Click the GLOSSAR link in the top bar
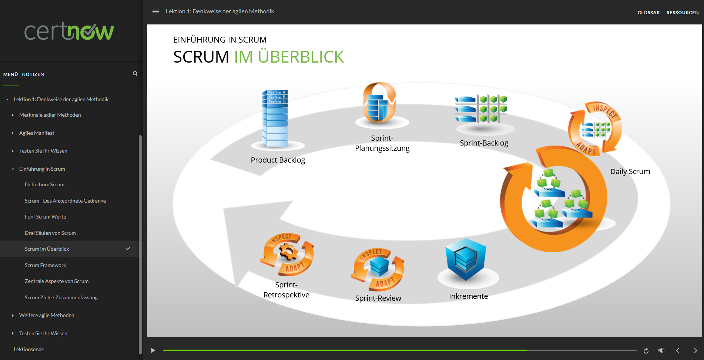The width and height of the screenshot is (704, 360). point(648,13)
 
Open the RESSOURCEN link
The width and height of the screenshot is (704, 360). point(683,13)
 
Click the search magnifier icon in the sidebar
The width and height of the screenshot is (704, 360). point(135,74)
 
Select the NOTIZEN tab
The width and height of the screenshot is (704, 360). point(33,74)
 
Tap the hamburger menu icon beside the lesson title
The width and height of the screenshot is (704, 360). point(155,11)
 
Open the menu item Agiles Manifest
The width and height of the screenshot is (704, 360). point(37,133)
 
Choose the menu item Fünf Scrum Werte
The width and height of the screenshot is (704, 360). point(46,217)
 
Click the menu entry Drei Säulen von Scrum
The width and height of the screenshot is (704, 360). point(50,233)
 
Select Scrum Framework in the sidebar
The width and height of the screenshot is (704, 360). point(46,265)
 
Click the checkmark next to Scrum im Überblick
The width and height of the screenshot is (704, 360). point(128,249)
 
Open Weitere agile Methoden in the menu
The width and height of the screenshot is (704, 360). point(47,315)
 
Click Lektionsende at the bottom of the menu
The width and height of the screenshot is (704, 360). point(29,349)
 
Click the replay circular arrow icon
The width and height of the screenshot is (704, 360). point(646,351)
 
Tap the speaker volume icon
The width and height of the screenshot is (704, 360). point(661,350)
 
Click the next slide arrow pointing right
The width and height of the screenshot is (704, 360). point(695,350)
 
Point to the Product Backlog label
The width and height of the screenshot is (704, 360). point(278,160)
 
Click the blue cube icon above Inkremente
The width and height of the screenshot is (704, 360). point(466,259)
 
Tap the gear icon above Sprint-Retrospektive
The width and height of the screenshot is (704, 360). point(288,253)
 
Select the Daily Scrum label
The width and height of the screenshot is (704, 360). point(630,171)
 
